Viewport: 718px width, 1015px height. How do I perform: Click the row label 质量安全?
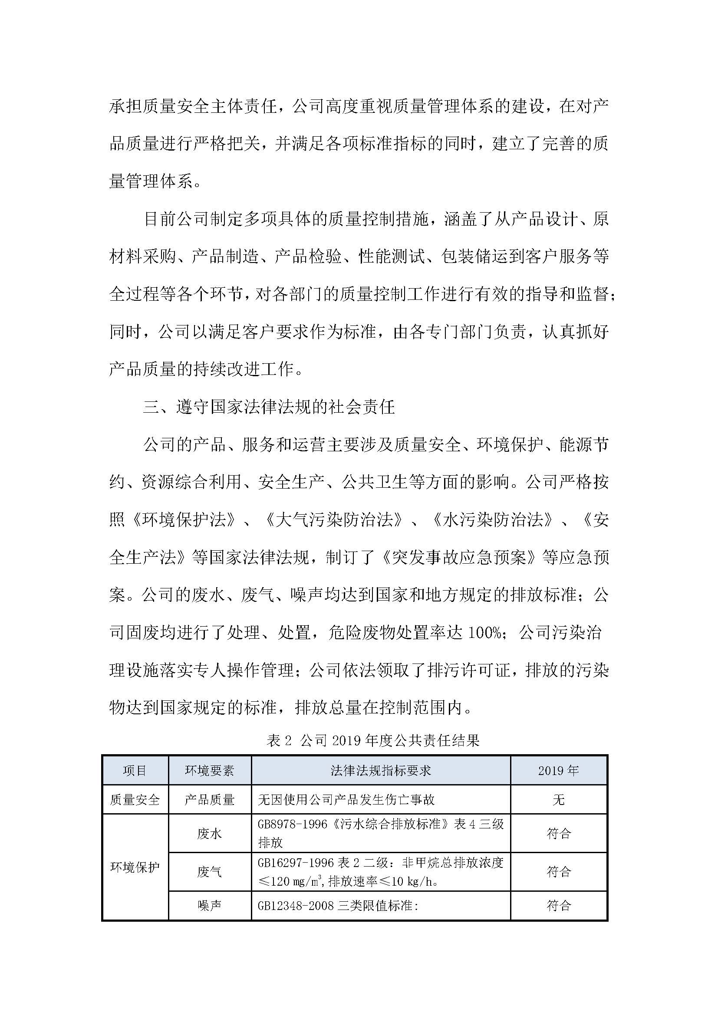[x=135, y=799]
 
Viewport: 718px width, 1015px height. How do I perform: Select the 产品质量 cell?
[x=210, y=799]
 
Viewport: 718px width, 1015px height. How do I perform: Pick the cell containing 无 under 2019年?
[x=558, y=799]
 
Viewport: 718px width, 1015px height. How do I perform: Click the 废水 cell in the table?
[x=210, y=833]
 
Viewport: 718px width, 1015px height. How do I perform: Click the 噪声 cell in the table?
[x=210, y=905]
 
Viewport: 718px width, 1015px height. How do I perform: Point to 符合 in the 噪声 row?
[x=559, y=905]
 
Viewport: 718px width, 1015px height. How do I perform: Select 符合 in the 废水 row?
[x=559, y=833]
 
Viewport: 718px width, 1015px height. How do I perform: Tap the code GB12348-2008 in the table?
[x=296, y=905]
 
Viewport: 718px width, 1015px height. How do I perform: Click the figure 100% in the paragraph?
[x=484, y=633]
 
